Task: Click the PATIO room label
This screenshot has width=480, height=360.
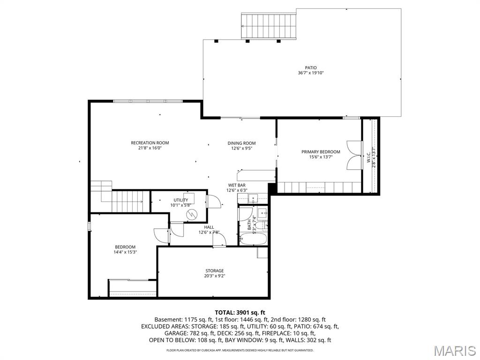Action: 311,67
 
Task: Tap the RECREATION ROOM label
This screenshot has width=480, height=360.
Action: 150,142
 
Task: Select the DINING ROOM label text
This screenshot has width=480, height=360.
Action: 241,143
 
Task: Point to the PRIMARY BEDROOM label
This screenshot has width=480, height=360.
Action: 321,152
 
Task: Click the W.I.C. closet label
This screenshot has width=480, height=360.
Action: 369,157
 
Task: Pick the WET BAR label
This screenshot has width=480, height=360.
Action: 237,185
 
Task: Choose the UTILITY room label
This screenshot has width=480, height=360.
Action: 181,200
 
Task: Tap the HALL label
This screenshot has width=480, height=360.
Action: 209,227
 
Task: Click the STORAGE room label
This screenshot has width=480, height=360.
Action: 215,270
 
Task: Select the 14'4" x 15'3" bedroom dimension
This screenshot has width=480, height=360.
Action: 125,252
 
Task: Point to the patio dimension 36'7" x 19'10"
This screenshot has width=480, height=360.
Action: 311,73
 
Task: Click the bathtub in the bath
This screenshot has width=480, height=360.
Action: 253,239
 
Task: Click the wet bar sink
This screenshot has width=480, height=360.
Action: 254,198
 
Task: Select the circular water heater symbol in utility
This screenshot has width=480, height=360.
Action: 192,213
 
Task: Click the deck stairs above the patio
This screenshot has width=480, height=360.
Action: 269,26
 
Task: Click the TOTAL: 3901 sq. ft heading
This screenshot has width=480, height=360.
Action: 240,313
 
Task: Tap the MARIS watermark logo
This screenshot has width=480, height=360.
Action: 455,351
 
